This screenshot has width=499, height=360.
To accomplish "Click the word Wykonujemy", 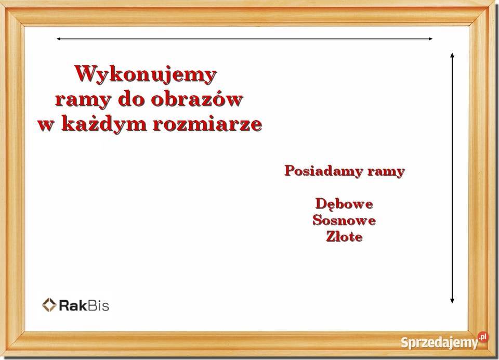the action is coord(146,75).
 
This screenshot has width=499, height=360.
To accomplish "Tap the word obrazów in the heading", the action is coord(196,99).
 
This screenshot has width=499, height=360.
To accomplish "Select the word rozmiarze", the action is coord(208,124).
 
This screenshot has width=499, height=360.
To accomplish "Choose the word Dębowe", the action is coord(344,204).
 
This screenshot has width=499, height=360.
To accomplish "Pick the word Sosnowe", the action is coord(344,220).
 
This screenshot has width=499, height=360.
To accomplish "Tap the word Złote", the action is coord(344,237).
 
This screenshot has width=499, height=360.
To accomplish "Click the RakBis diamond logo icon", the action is coord(49,305).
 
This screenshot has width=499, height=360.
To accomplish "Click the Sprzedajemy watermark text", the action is coord(440,343).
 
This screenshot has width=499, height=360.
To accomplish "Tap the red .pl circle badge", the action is coord(483,337).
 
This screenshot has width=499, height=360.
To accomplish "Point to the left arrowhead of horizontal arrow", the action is coord(59,39).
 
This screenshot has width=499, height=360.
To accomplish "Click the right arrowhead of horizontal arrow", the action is coord(430,39).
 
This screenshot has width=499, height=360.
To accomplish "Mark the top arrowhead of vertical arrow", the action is coord(452,55).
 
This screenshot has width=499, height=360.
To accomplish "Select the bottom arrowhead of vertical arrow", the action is coord(452,300).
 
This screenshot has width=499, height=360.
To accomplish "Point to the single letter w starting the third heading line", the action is coord(46,125).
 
